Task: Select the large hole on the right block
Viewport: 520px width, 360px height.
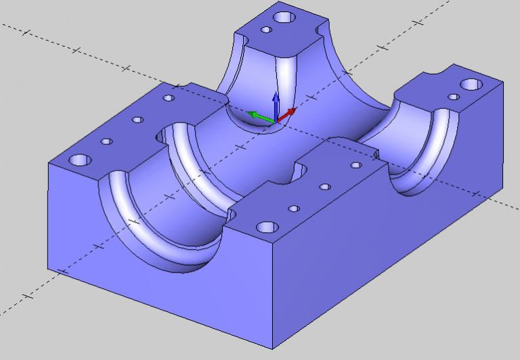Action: (x=471, y=85)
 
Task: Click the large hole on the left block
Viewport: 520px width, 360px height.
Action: (x=80, y=161)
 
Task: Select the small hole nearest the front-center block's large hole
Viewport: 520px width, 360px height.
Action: (x=293, y=208)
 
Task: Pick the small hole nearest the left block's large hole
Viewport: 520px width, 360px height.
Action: (x=106, y=142)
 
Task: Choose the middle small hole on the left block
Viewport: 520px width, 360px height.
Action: (x=137, y=120)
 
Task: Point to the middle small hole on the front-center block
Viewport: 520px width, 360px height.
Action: (x=325, y=187)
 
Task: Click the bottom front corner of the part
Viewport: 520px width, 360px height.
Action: (x=273, y=348)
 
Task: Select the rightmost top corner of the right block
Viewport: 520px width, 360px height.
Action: (x=503, y=82)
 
